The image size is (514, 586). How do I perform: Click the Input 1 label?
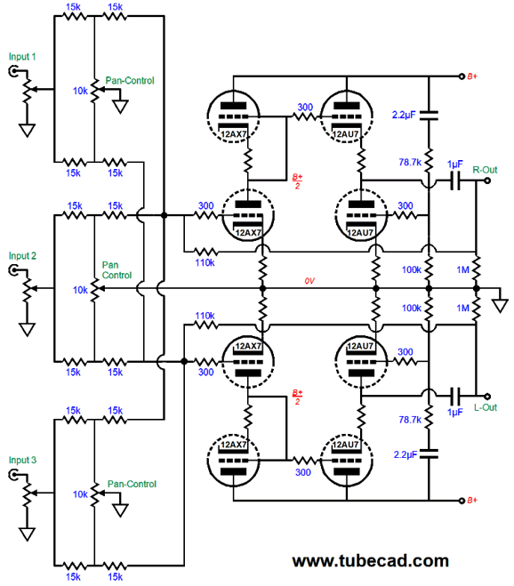22,57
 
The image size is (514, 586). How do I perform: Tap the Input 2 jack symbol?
14,270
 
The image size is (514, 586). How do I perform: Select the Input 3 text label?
22,460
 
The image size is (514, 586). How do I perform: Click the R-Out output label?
485,170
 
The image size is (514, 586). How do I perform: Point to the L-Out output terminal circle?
487,396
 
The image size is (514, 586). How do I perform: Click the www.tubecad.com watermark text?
371,561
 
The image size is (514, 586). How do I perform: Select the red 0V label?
309,281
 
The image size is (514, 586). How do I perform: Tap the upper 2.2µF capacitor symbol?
429,115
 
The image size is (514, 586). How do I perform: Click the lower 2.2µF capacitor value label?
406,454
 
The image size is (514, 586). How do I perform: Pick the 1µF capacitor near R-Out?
455,181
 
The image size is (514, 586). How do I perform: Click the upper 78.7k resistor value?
410,163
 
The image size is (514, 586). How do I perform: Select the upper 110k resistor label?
205,263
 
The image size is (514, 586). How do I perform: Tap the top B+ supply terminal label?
472,76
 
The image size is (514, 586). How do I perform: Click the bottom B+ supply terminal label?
472,501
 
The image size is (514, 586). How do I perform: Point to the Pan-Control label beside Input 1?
130,81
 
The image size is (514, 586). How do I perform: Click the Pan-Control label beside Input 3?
132,485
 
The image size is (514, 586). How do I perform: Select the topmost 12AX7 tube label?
234,134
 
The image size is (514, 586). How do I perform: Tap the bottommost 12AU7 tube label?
345,445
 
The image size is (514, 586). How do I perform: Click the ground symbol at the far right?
500,305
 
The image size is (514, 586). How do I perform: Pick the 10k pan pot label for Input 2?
80,291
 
